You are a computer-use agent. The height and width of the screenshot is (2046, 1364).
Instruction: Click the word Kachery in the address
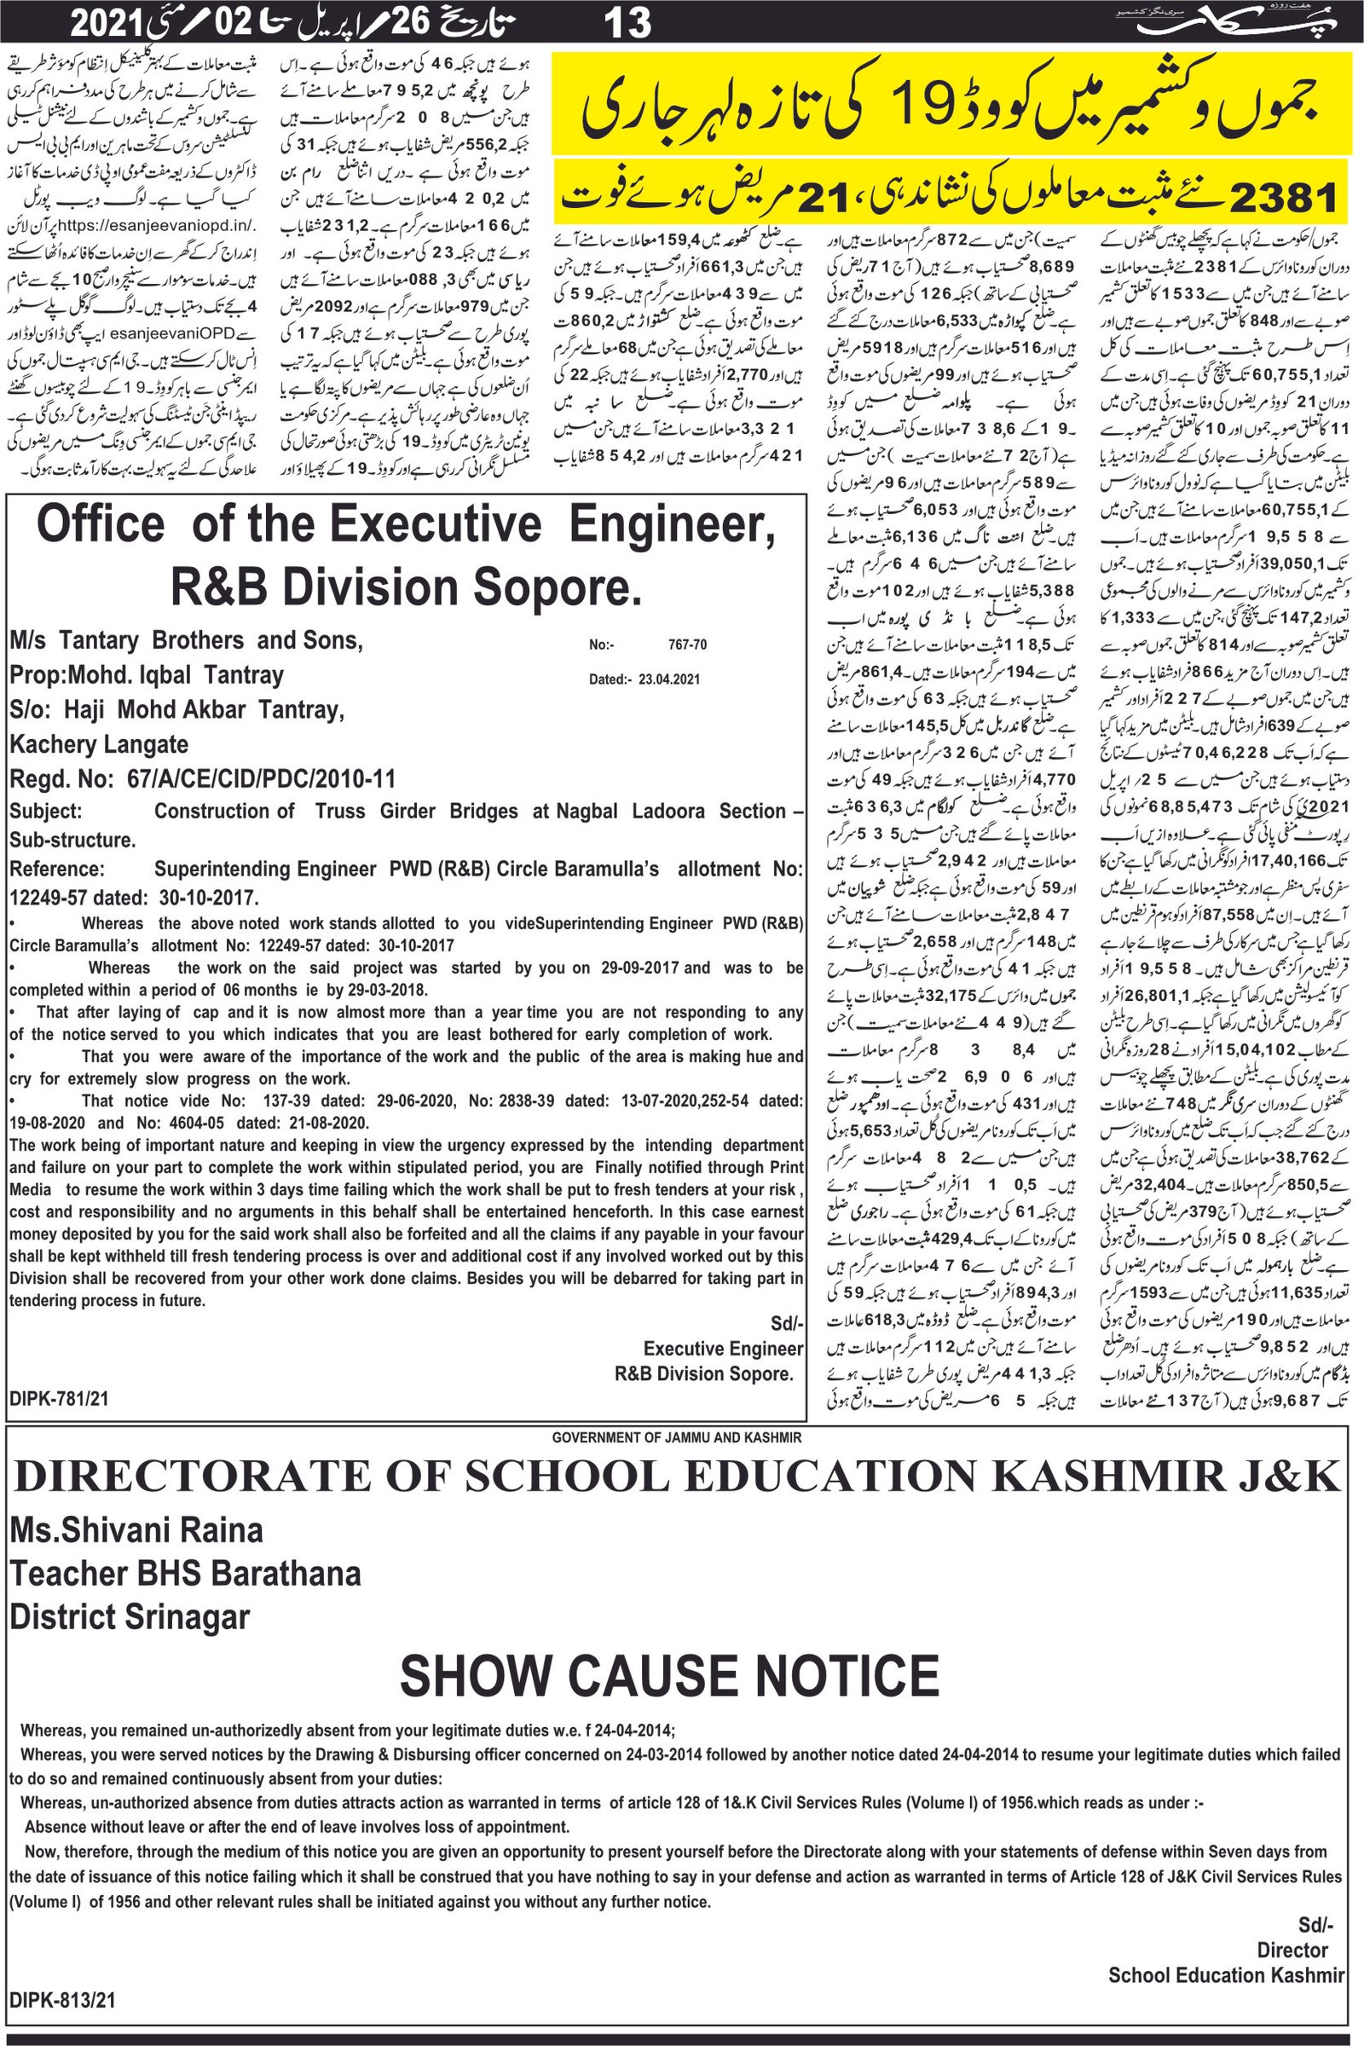(x=52, y=744)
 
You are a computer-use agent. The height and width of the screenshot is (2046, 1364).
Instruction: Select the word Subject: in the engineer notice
(x=46, y=811)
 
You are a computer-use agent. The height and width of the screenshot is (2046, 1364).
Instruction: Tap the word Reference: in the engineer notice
(x=57, y=869)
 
